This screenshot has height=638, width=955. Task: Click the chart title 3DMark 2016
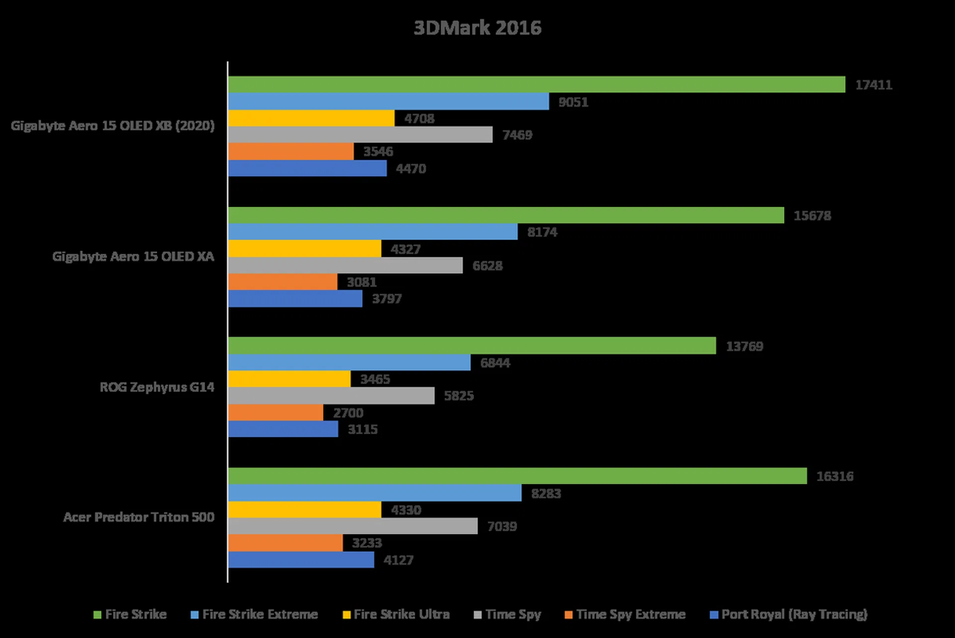[477, 28]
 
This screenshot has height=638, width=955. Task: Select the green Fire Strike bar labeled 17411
[536, 85]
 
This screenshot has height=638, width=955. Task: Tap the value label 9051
[573, 102]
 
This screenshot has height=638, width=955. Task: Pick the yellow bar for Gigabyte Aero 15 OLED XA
[304, 249]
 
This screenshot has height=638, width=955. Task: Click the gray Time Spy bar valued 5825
[331, 396]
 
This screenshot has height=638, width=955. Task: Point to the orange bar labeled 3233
[285, 543]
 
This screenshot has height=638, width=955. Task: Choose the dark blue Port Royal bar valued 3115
[283, 429]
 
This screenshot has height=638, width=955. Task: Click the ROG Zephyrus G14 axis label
[157, 387]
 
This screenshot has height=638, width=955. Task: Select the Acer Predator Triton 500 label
[139, 517]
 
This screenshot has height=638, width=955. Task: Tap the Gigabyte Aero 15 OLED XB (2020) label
[113, 125]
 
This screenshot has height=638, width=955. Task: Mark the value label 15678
[812, 215]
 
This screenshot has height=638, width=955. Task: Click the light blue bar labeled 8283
[375, 493]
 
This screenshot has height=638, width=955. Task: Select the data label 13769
[744, 346]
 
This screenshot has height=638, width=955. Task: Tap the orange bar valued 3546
[290, 151]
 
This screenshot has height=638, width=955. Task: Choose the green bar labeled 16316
[517, 476]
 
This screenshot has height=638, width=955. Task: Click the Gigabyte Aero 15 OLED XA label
[133, 256]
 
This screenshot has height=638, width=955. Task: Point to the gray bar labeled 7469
[360, 135]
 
